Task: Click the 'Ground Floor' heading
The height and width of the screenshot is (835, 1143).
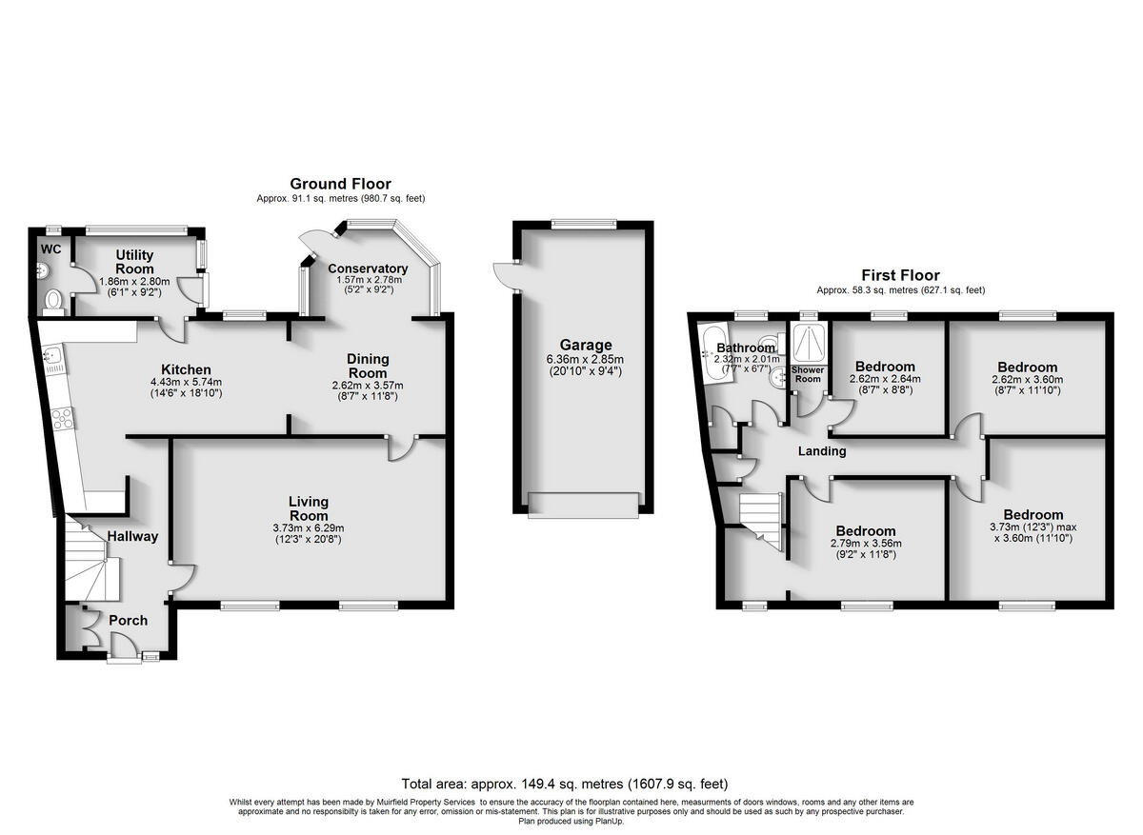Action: point(340,184)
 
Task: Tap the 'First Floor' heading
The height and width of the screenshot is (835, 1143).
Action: point(900,275)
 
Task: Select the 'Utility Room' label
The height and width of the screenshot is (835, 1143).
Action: point(135,263)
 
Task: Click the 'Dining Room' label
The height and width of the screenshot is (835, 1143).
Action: point(367,366)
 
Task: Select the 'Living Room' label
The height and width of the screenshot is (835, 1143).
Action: point(309,507)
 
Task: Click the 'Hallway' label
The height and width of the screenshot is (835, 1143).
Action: point(132,536)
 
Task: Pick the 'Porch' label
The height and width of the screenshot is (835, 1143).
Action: point(128,621)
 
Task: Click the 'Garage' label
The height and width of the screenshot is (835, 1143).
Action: point(586,345)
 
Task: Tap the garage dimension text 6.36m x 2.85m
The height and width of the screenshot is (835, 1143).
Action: point(586,359)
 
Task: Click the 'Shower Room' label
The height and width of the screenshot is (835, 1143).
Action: point(808,374)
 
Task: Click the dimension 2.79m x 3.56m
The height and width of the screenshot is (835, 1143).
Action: point(865,545)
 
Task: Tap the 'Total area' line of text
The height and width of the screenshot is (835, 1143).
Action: point(565,785)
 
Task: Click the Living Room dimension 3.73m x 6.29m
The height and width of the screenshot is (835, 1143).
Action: point(309,528)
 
